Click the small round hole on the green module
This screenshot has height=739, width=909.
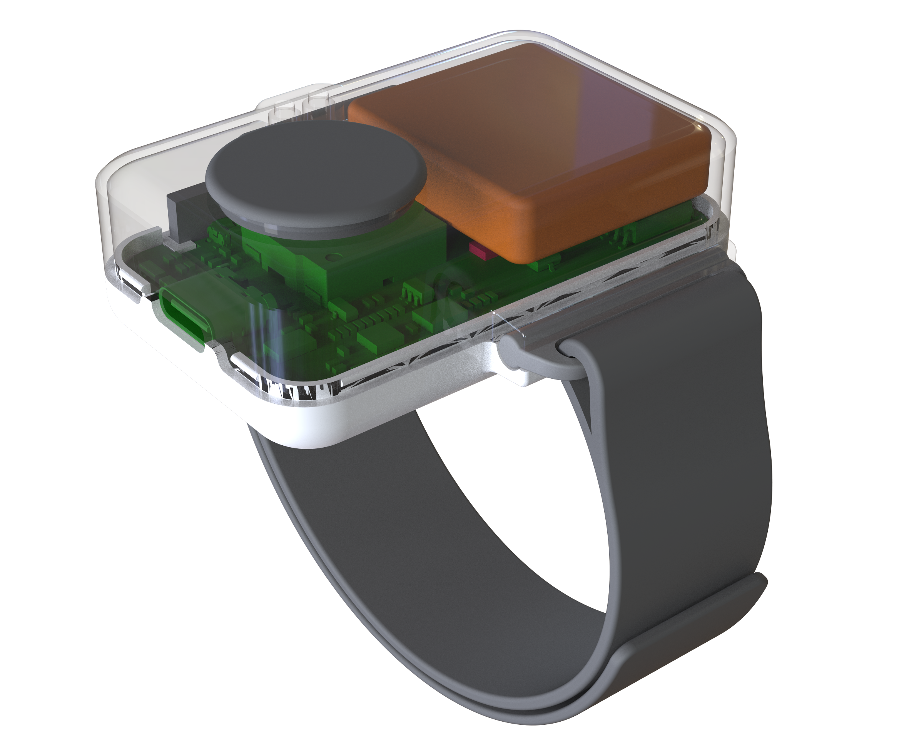(333, 257)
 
